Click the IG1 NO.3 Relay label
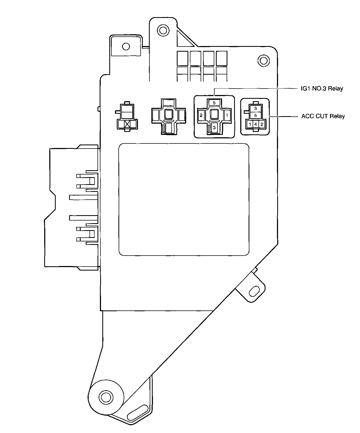pyautogui.click(x=321, y=89)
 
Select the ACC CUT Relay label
pyautogui.click(x=323, y=116)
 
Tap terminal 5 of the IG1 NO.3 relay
pyautogui.click(x=214, y=102)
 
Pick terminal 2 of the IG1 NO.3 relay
pyautogui.click(x=201, y=115)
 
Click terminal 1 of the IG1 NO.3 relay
pyautogui.click(x=227, y=115)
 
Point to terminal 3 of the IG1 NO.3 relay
pyautogui.click(x=214, y=128)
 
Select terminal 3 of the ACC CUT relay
pyautogui.click(x=256, y=109)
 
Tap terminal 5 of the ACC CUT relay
pyautogui.click(x=256, y=116)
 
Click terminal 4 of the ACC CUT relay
pyautogui.click(x=256, y=124)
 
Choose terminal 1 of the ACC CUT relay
pyautogui.click(x=250, y=124)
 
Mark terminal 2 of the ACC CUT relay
pyautogui.click(x=262, y=124)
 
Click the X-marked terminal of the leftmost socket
pyautogui.click(x=127, y=124)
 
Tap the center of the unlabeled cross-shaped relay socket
pyautogui.click(x=168, y=115)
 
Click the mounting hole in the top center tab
pyautogui.click(x=162, y=29)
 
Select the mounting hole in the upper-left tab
pyautogui.click(x=126, y=47)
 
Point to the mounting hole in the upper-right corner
pyautogui.click(x=263, y=60)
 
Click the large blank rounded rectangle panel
pyautogui.click(x=184, y=199)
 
